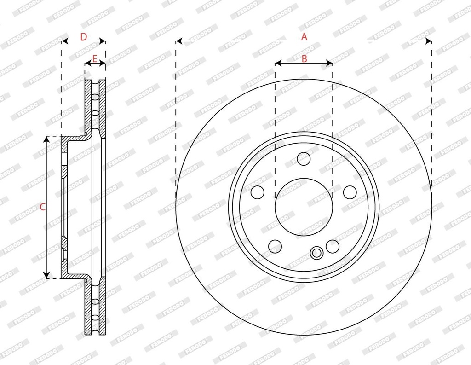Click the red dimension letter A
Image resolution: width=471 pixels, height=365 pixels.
tap(304, 37)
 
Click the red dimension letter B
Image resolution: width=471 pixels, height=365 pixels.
tap(304, 58)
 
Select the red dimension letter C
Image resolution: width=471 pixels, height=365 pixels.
tap(43, 207)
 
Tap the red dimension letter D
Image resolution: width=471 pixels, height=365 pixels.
tap(84, 37)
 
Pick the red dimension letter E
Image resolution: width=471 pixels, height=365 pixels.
tap(95, 58)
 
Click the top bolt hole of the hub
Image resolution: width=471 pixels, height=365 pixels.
tap(304, 159)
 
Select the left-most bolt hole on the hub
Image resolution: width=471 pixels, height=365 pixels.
tap(258, 192)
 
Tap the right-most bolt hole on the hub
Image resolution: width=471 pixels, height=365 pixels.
tap(350, 192)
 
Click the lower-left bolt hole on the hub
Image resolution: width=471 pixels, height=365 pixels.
tap(275, 247)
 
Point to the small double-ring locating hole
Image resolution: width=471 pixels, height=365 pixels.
tap(316, 253)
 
